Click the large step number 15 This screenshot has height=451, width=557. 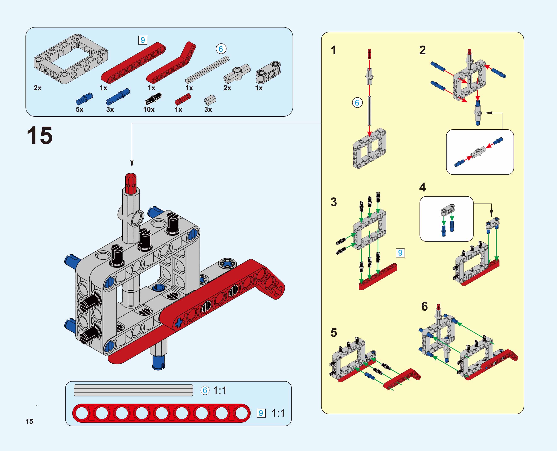(40, 136)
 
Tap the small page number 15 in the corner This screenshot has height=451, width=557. (29, 421)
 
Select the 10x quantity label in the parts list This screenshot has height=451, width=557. (149, 109)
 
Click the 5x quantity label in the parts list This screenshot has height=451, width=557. (79, 109)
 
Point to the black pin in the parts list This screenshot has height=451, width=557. (153, 99)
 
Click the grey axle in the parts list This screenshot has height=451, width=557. (207, 69)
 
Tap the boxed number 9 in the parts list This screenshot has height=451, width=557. (143, 40)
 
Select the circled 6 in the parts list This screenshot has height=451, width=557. (221, 49)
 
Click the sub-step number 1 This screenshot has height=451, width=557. (334, 50)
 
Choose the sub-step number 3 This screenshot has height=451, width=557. (334, 202)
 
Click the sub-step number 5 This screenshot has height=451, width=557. (334, 333)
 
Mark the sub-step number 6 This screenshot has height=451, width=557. (424, 307)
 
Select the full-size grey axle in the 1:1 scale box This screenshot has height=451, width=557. (133, 390)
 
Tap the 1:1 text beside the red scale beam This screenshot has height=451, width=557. (278, 413)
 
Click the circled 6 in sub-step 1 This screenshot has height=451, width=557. (357, 103)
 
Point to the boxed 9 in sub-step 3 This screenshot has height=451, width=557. (400, 253)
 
